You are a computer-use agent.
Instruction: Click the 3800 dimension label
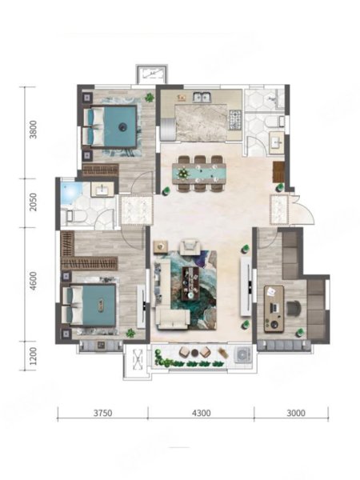point(33,130)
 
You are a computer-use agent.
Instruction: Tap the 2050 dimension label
point(33,202)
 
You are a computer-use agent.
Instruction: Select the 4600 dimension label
point(33,281)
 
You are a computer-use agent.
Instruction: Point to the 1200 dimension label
point(33,356)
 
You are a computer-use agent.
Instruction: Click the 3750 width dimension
point(102,414)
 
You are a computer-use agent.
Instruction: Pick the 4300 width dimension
point(201,414)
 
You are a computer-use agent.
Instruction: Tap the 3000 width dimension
point(296,414)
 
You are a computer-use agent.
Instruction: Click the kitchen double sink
point(201,98)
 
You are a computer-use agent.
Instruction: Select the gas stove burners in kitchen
point(235,119)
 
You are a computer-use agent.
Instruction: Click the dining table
point(199,174)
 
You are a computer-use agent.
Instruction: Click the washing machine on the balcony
point(242,354)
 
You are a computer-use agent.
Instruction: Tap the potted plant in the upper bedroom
point(150,98)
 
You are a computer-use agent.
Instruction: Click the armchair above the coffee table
point(190,247)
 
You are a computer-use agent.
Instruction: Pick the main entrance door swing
point(302,210)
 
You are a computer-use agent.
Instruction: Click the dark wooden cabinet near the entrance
point(278,172)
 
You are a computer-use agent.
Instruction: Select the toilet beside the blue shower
point(72,215)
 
